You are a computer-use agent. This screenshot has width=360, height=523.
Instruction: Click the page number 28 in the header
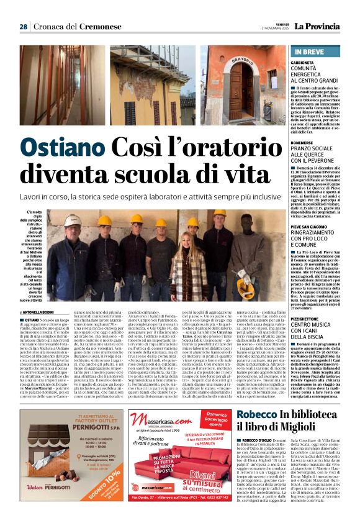pyautogui.click(x=23, y=27)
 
